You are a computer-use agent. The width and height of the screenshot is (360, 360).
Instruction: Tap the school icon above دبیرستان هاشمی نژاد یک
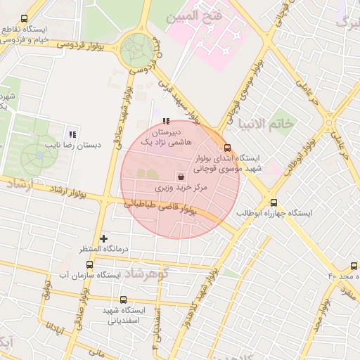[166, 120]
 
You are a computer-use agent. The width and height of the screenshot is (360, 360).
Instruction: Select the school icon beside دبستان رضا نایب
[72, 134]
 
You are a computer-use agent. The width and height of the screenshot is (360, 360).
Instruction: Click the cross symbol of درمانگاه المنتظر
[104, 238]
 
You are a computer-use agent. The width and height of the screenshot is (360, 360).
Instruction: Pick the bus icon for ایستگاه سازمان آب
[89, 264]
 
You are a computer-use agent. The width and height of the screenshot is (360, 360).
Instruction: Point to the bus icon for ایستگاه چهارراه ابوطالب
[274, 202]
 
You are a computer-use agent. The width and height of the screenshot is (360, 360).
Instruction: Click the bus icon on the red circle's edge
[226, 148]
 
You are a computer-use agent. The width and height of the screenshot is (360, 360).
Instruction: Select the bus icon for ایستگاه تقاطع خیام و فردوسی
[25, 19]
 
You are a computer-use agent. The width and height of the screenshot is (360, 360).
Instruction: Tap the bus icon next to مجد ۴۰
[353, 266]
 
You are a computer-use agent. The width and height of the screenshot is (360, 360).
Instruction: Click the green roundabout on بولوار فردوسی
[137, 51]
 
